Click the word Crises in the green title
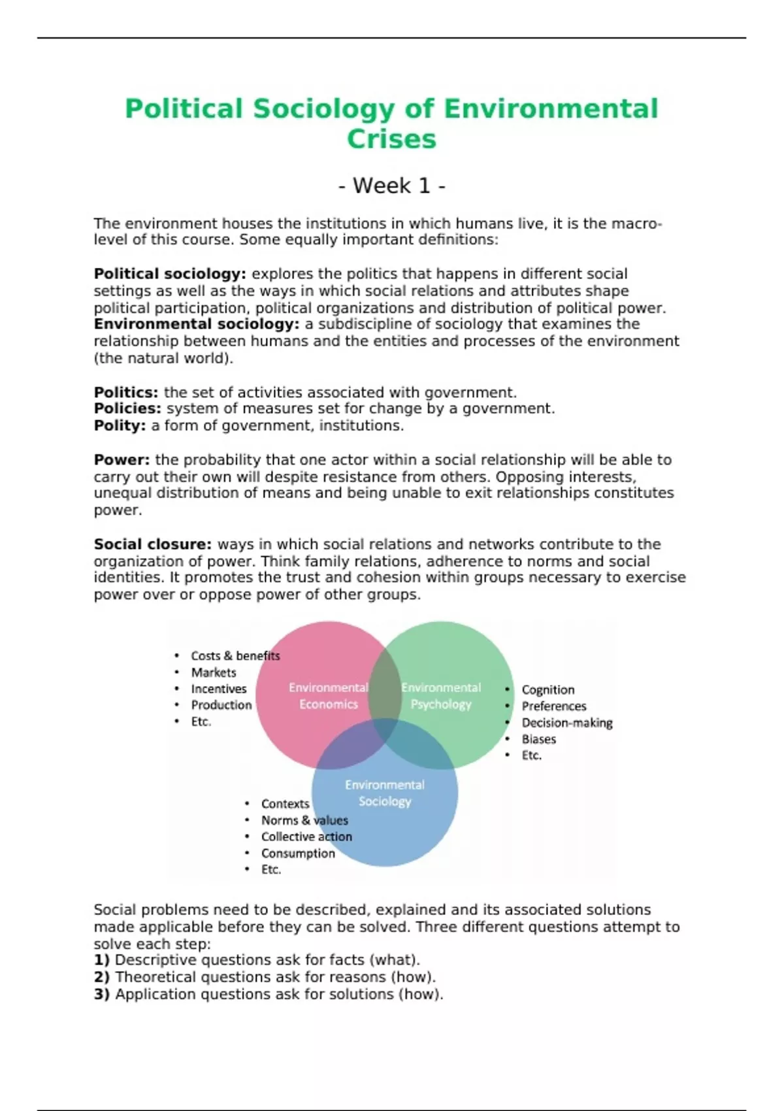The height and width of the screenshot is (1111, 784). point(391,139)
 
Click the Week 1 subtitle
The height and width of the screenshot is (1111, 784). point(391,186)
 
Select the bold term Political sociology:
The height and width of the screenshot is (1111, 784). point(170,274)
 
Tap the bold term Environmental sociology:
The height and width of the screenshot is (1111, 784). point(196,324)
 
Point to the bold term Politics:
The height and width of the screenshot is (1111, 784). point(126,392)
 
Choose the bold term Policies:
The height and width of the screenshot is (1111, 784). point(127,408)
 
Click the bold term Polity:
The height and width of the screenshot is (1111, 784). point(120,425)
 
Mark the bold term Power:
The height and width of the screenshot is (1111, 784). point(122,459)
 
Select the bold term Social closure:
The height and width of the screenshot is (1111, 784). point(152,544)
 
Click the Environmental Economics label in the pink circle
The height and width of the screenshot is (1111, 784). point(328,696)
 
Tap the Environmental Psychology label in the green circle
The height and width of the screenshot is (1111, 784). point(441,696)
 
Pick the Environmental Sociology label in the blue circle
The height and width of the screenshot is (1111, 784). point(385,793)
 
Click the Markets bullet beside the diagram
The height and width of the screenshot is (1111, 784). point(214,672)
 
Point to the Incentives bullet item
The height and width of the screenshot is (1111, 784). point(219,689)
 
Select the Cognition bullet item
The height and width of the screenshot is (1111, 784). point(548,689)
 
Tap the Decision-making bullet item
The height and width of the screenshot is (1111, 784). point(567,723)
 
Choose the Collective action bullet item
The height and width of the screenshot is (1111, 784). point(306,837)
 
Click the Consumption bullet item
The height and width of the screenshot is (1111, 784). point(298,853)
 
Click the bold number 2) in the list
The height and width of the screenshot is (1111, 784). point(101,977)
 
